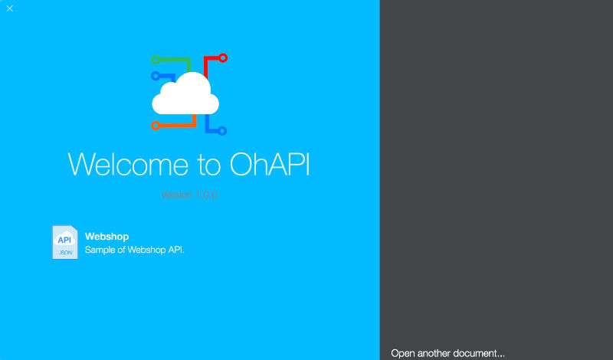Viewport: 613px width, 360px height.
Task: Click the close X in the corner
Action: (x=9, y=8)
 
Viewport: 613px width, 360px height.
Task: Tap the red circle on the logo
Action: (x=223, y=57)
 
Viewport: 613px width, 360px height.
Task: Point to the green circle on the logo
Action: (x=156, y=59)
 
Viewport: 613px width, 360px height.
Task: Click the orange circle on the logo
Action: (x=156, y=125)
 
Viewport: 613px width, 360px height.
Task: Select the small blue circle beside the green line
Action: (x=156, y=76)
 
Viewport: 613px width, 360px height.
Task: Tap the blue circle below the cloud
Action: (x=222, y=131)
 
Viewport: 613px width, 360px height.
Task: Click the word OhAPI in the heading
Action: (x=270, y=165)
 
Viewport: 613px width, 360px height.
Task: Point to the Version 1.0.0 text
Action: (x=190, y=195)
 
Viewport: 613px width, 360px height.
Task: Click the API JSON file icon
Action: (x=64, y=242)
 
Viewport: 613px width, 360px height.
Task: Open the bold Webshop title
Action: (x=107, y=237)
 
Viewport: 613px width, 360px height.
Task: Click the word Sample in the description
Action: (x=100, y=250)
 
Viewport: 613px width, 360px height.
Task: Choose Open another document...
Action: (x=447, y=353)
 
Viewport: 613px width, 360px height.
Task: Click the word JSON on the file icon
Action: (x=65, y=252)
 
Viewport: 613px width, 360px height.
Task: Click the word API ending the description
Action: (x=175, y=250)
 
